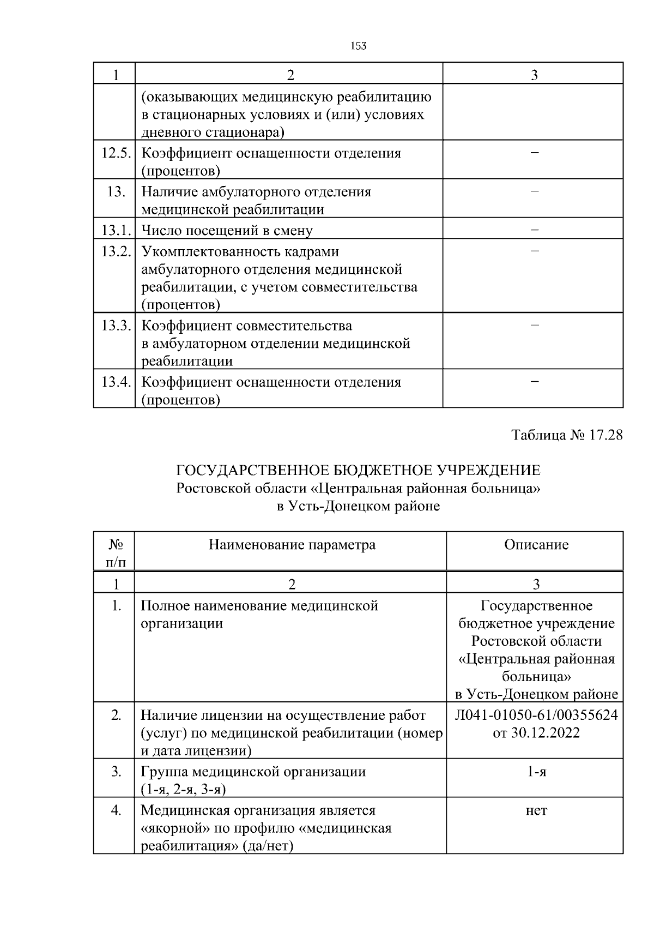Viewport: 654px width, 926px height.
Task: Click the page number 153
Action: pyautogui.click(x=358, y=46)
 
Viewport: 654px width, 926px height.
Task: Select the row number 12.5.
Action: pyautogui.click(x=116, y=153)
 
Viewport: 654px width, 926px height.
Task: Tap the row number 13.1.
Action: pyautogui.click(x=116, y=230)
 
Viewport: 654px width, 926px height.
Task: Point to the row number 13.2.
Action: pyautogui.click(x=116, y=251)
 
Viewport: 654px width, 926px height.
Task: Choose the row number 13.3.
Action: pyautogui.click(x=116, y=326)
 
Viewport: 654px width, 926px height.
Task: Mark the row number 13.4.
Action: pyautogui.click(x=116, y=382)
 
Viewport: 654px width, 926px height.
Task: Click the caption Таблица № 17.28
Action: pyautogui.click(x=567, y=435)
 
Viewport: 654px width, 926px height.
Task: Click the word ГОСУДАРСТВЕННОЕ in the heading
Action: pyautogui.click(x=251, y=470)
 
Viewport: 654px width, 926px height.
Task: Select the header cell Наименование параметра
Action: pyautogui.click(x=292, y=544)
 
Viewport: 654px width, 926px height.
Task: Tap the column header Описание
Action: pyautogui.click(x=536, y=544)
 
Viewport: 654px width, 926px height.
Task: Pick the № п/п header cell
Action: pyautogui.click(x=116, y=552)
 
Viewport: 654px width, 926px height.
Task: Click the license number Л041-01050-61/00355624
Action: pyautogui.click(x=536, y=715)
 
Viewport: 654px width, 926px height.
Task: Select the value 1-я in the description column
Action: pyautogui.click(x=536, y=772)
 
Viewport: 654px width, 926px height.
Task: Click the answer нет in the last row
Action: pyautogui.click(x=536, y=811)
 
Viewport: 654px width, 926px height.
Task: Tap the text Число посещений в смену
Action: pyautogui.click(x=227, y=231)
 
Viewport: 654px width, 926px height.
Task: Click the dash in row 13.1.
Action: pyautogui.click(x=535, y=230)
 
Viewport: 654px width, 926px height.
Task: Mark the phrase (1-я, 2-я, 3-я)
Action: pyautogui.click(x=183, y=790)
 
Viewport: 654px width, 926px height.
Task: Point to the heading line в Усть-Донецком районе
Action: pyautogui.click(x=358, y=506)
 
